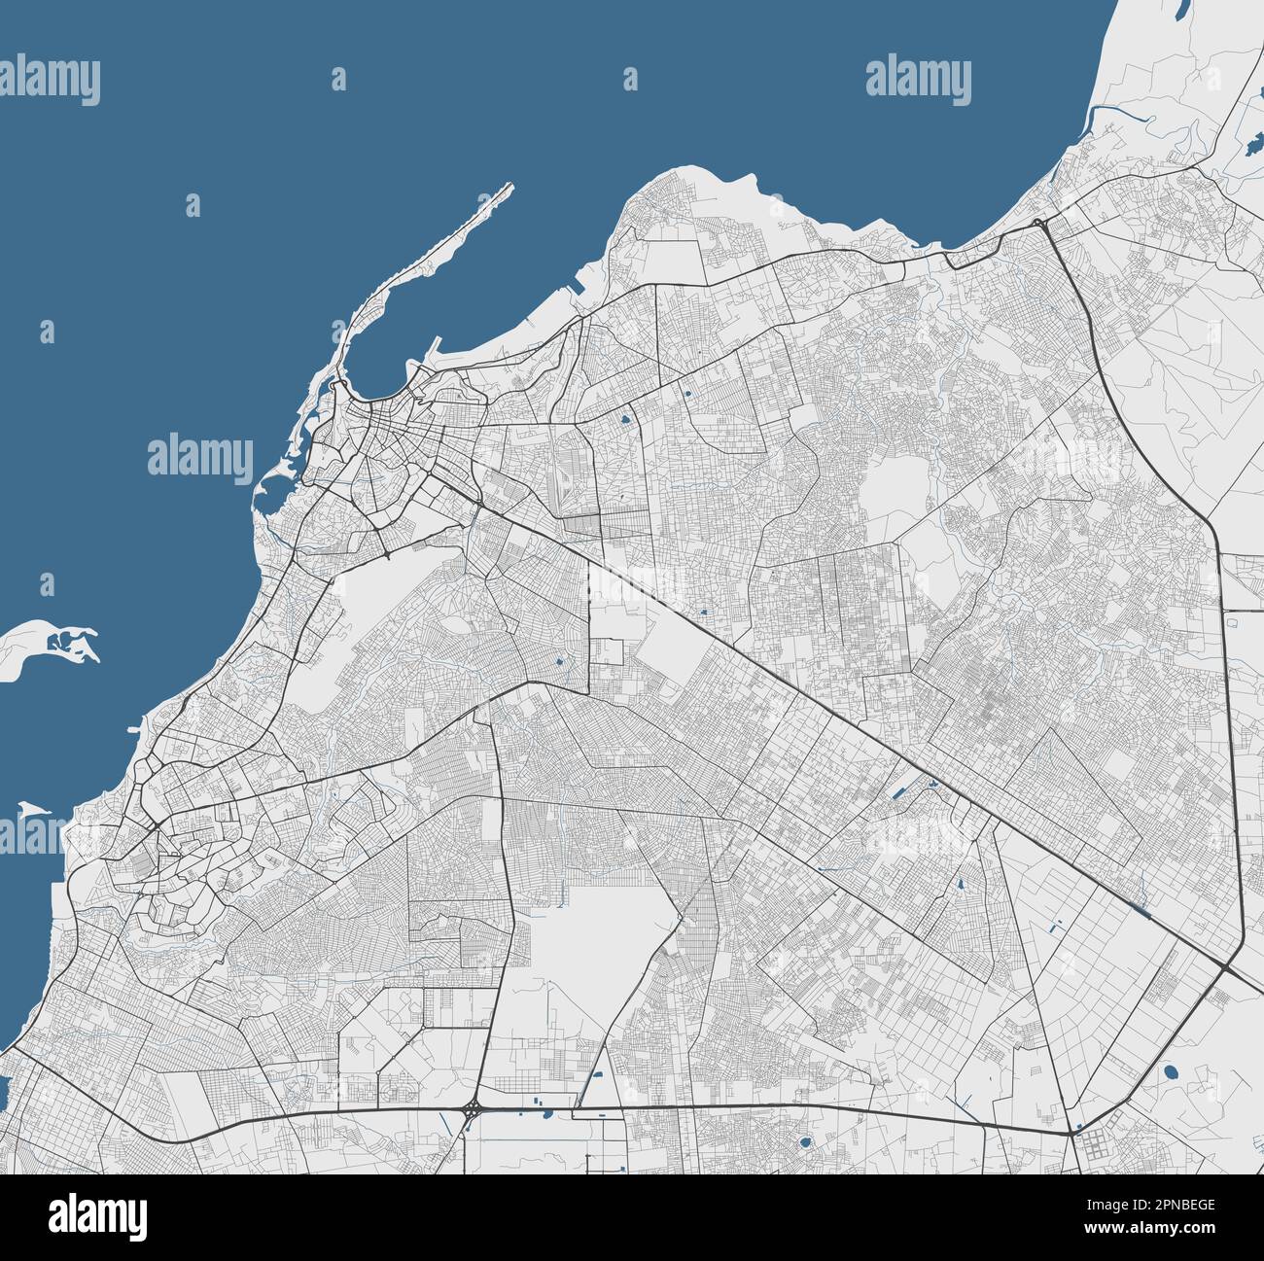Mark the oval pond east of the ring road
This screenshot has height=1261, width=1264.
point(1170,1072)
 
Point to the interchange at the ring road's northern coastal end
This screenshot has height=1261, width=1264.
point(1040,224)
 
